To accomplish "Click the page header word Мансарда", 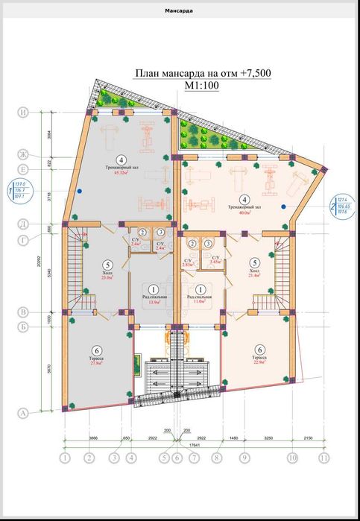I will (179, 10).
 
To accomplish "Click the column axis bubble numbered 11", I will (323, 458).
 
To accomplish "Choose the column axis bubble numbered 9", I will (244, 458).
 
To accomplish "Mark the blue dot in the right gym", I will (284, 204).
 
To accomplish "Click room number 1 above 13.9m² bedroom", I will (154, 289).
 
